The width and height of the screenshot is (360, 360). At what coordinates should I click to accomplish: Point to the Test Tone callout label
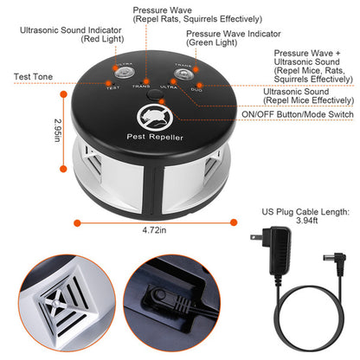pos(33,77)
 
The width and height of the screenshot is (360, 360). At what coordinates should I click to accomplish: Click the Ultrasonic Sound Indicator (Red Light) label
pos(64,33)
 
